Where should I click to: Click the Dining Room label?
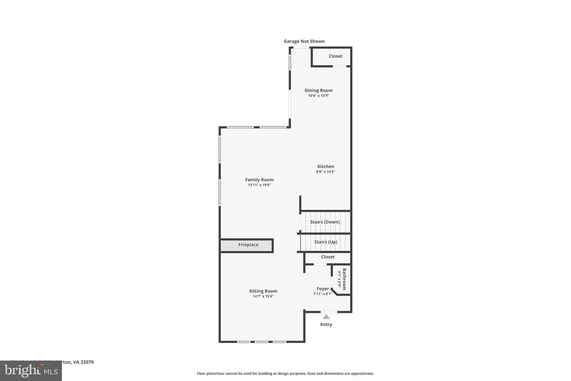tap(318, 90)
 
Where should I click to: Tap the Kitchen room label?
tap(326, 167)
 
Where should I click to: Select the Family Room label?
tap(259, 180)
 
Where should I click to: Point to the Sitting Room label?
tap(263, 291)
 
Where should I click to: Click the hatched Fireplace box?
tap(247, 245)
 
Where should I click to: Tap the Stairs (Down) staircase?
tap(325, 222)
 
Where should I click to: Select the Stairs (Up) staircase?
tap(326, 242)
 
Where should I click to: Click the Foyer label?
tap(322, 289)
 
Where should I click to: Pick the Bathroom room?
tap(341, 279)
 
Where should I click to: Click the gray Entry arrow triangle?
tap(326, 317)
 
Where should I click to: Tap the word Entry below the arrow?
tap(326, 325)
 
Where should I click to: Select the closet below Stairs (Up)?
tap(328, 257)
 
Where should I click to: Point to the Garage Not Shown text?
tap(304, 41)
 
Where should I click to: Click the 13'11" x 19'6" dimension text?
tap(259, 185)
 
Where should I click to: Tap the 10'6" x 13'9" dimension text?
tap(318, 96)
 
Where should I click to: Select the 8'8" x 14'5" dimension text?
tap(326, 172)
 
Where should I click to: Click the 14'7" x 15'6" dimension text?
tap(263, 296)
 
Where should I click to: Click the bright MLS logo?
tap(31, 371)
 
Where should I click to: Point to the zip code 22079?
tap(87, 362)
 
